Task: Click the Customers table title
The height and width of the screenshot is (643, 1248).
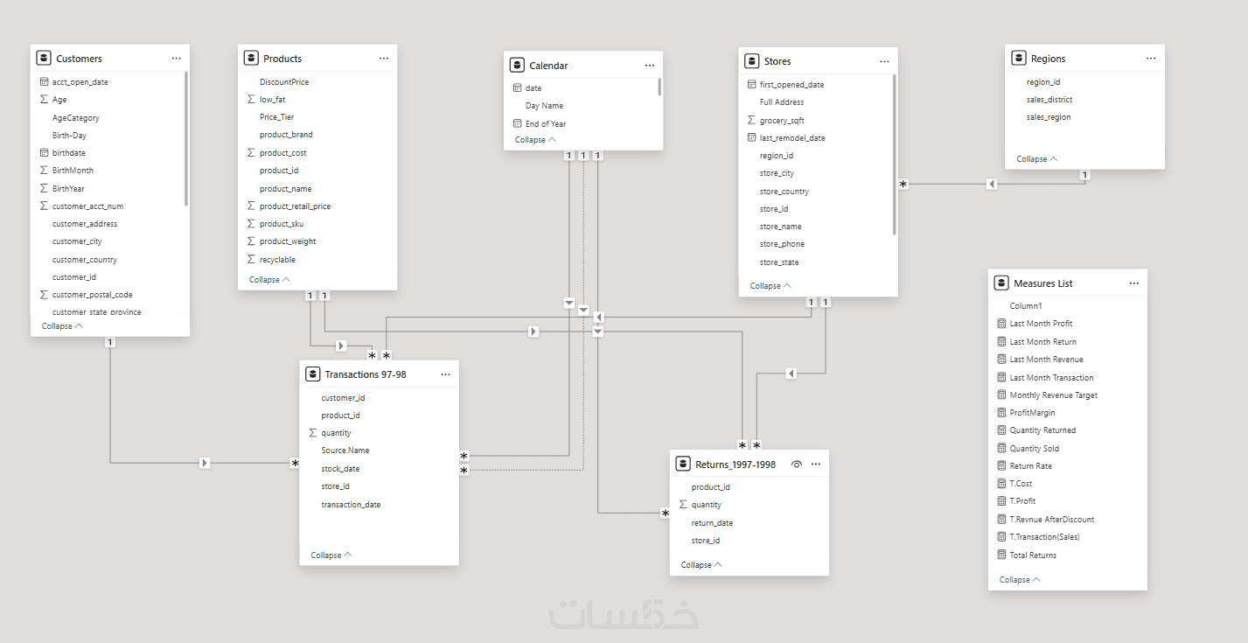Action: pos(79,59)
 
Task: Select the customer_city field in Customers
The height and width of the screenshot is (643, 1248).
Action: pos(77,241)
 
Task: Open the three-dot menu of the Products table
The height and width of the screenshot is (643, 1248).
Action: pos(384,58)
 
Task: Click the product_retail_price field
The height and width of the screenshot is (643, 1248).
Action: pos(295,206)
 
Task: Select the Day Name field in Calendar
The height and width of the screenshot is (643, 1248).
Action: pos(544,105)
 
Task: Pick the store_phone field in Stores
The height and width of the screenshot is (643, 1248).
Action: pos(782,244)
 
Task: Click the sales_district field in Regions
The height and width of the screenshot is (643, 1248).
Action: pos(1049,100)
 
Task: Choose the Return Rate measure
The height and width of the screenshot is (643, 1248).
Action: pos(1031,465)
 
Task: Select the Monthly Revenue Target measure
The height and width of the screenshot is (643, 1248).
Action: pos(1053,395)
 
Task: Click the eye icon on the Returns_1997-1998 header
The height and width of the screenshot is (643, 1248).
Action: pos(796,465)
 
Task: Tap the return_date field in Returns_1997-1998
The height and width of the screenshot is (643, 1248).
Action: pos(712,522)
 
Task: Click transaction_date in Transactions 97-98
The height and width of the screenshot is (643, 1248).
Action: pos(351,504)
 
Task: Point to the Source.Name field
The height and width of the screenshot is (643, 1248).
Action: pos(345,451)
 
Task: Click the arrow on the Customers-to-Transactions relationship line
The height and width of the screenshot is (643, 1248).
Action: pos(205,463)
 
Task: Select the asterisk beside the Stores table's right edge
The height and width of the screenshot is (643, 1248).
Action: pos(903,184)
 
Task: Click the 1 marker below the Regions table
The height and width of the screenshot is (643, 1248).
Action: pos(1084,175)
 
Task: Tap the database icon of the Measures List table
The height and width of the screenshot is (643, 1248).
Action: pos(1001,283)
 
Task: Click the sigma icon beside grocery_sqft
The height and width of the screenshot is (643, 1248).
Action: pos(751,121)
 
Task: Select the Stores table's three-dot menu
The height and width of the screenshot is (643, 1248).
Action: pos(884,61)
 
